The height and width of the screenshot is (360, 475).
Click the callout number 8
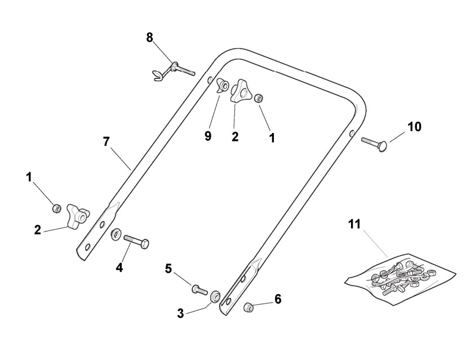[149, 37]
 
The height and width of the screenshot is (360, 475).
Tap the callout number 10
[414, 126]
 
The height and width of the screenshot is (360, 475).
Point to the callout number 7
[106, 141]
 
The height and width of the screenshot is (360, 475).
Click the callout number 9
[208, 136]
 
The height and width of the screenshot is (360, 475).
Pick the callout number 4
[119, 267]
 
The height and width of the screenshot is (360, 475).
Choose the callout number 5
[168, 268]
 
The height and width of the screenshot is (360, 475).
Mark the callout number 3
[180, 313]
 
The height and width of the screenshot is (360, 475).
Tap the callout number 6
[277, 299]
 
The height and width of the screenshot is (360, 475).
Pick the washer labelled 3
[215, 296]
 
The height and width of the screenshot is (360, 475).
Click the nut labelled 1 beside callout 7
[56, 208]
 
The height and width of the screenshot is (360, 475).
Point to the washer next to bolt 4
[116, 233]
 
